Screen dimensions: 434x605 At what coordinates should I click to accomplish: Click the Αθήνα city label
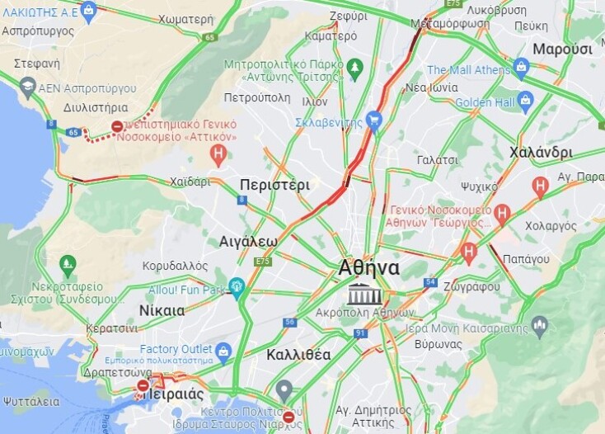[x=368, y=268]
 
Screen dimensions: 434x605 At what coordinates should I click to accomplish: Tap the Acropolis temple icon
[x=363, y=294]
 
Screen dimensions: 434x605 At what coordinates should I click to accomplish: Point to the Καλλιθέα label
[x=299, y=355]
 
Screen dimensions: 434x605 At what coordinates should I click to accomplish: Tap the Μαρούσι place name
[x=563, y=49]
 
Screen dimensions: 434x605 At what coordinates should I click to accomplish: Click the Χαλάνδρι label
[x=541, y=152]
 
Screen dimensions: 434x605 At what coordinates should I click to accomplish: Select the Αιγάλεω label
[x=248, y=241]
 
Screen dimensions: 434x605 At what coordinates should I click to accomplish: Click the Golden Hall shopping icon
[x=526, y=101]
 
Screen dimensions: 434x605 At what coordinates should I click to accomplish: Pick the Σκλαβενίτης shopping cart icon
[x=374, y=121]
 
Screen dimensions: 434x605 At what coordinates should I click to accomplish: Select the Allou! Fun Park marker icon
[x=237, y=288]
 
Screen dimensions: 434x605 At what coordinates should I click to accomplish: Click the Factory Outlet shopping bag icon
[x=223, y=352]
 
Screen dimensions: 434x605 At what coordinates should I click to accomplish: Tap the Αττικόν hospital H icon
[x=218, y=153]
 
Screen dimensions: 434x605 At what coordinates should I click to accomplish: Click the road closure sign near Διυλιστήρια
[x=118, y=127]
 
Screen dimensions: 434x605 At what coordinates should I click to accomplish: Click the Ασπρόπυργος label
[x=38, y=31]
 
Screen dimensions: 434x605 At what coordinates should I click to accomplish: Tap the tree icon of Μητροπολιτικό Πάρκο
[x=355, y=67]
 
